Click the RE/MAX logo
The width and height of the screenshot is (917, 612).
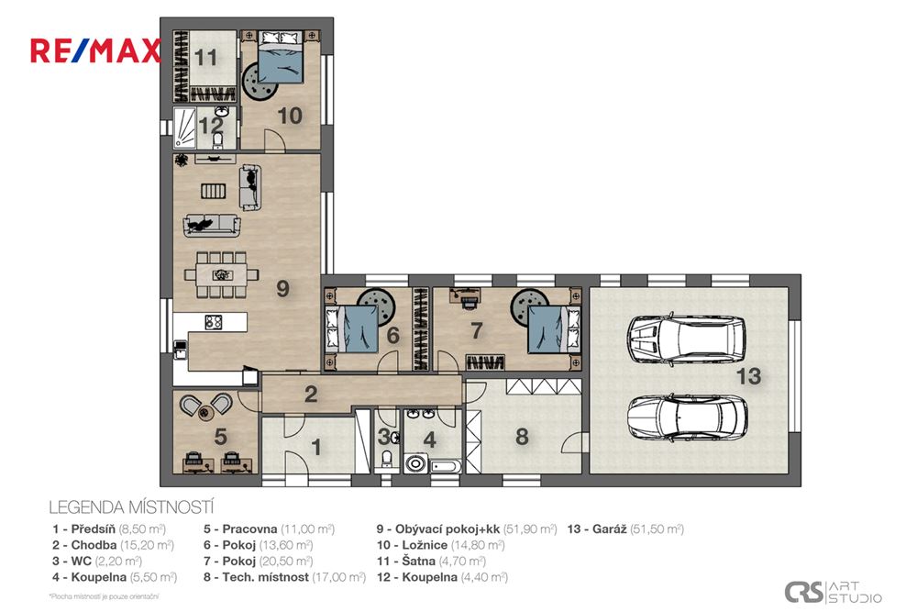95,50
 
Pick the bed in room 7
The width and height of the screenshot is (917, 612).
553,325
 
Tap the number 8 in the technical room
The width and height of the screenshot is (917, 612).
522,437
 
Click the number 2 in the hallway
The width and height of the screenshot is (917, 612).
311,395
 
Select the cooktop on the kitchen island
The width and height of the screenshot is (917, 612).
214,322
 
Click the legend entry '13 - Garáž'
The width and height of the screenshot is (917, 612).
625,529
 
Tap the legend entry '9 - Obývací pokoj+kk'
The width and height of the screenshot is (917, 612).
466,529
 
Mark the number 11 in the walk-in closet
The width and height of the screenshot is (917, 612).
205,58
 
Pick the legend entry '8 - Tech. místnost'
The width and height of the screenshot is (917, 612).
284,577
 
